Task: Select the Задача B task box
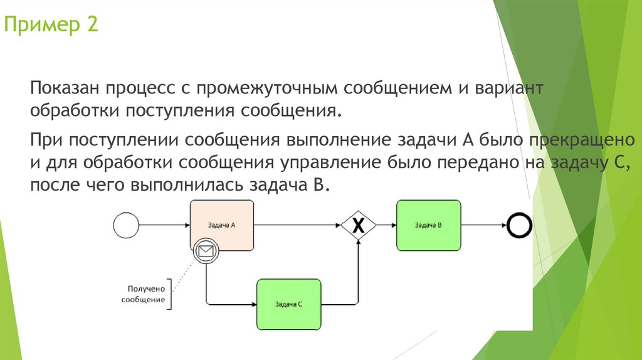pos(428,225)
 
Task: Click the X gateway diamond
pos(358,226)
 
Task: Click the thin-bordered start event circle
pos(125,225)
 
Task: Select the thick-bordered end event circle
pos(520,225)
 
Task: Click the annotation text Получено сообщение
pos(146,295)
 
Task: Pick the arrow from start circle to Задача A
pos(163,225)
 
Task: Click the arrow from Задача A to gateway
pos(298,225)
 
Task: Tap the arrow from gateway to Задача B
pos(386,225)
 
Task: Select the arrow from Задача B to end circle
pos(484,225)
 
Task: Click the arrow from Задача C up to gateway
pos(358,270)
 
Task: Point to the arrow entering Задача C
pos(232,305)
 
